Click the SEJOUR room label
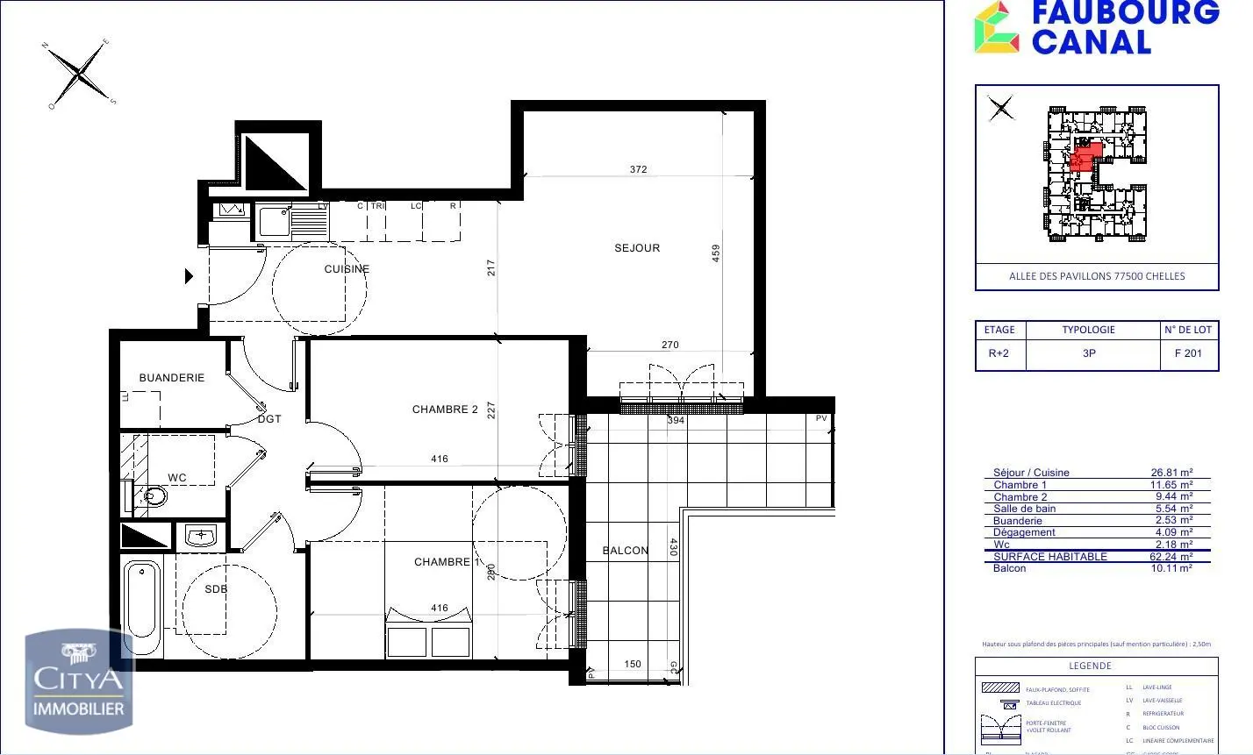pos(637,248)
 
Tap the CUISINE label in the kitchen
pos(347,269)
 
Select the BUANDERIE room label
pos(172,378)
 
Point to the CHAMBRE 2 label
pos(445,410)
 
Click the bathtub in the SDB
pos(142,609)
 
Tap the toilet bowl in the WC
pos(154,497)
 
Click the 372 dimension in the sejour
pos(638,169)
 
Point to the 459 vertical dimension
pos(716,253)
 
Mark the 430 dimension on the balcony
pos(674,547)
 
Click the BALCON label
pos(626,551)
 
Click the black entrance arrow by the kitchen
pos(189,276)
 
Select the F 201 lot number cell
pos(1188,353)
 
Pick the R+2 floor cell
pos(999,353)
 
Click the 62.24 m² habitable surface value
pos(1171,557)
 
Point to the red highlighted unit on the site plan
pos(1085,157)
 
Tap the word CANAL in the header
pos(1091,42)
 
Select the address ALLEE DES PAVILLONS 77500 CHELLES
pos(1097,276)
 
